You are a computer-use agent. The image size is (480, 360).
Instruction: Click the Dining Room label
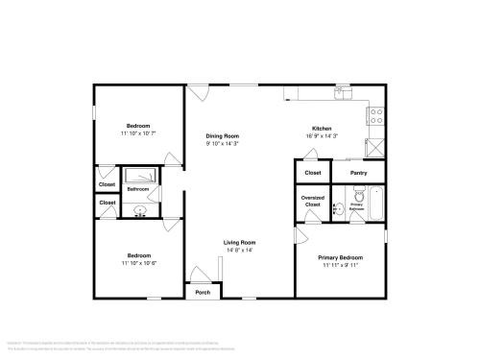[x=222, y=135]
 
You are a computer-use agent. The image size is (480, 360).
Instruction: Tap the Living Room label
[x=239, y=242]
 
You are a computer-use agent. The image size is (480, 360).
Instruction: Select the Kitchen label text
[x=322, y=129]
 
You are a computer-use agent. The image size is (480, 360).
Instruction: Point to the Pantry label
[x=359, y=173]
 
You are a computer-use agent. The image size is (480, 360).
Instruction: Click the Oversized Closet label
[x=312, y=202]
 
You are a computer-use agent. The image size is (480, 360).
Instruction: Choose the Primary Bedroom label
[x=341, y=257]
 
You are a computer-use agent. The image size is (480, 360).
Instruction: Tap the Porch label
[x=203, y=292]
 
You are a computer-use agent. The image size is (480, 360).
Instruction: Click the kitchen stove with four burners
[x=376, y=115]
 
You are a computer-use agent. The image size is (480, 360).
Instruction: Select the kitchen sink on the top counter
[x=342, y=94]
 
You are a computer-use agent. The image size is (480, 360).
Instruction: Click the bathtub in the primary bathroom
[x=375, y=204]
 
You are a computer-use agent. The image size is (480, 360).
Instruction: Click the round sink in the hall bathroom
[x=140, y=209]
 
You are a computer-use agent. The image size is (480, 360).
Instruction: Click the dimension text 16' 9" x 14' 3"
[x=322, y=136]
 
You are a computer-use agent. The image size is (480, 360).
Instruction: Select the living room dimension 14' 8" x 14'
[x=239, y=250]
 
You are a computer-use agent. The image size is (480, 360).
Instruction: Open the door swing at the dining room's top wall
[x=198, y=93]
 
